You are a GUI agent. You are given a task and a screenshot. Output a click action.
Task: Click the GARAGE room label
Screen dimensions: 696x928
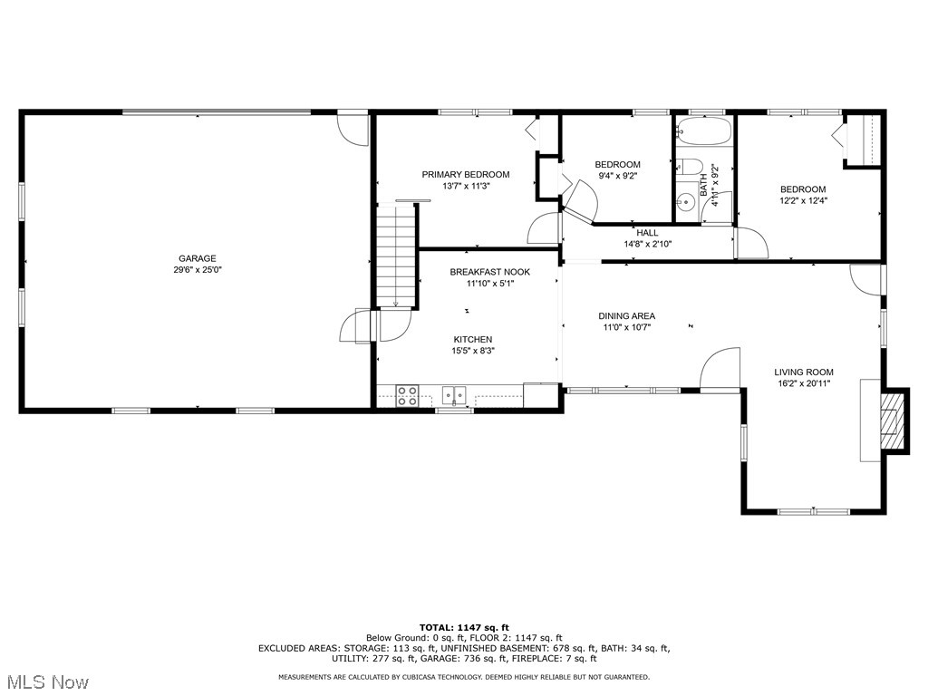(x=197, y=258)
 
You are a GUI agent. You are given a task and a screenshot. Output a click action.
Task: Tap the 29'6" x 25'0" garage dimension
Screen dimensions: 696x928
(x=197, y=270)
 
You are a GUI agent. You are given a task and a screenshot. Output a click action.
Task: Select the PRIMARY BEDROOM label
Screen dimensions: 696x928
(x=465, y=174)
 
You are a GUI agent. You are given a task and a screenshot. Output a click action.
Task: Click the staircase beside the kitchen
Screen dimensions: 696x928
(x=397, y=256)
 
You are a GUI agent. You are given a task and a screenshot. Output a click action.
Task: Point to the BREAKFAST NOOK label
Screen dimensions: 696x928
(x=489, y=272)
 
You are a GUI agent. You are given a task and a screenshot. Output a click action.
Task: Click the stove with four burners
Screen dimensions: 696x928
(x=407, y=394)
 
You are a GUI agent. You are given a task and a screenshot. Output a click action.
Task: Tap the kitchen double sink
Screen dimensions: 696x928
(x=454, y=394)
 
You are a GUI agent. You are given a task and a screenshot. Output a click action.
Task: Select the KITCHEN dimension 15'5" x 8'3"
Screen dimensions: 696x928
(x=472, y=351)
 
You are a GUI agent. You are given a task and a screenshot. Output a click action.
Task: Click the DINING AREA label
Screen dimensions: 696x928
(x=626, y=316)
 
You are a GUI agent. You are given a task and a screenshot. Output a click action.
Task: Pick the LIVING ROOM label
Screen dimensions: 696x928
(x=803, y=372)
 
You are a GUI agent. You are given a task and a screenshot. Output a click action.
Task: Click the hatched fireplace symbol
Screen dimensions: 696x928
(x=894, y=420)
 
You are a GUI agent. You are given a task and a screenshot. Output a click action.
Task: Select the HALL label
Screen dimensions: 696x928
(x=647, y=233)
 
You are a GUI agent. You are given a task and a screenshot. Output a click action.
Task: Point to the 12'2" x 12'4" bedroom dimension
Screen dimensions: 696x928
(x=803, y=201)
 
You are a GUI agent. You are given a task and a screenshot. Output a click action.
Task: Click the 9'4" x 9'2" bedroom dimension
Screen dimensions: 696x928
(x=617, y=176)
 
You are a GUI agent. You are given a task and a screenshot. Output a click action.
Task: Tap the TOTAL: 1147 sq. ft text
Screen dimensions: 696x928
(x=464, y=627)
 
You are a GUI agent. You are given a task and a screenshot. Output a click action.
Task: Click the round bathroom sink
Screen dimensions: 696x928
(x=685, y=204)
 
